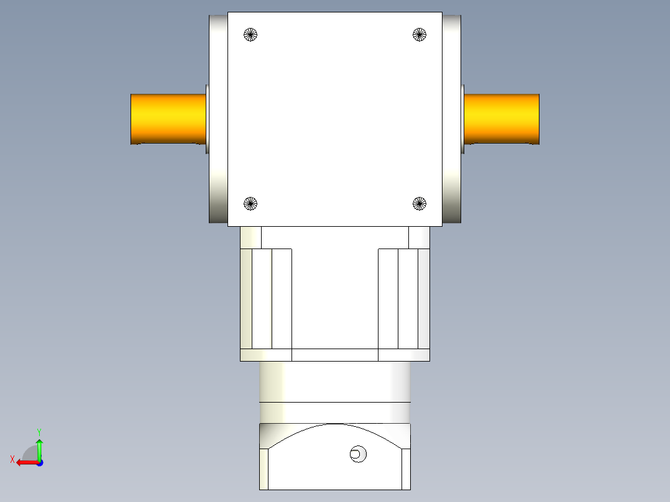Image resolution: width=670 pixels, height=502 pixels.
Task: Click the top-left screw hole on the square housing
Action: point(250,35)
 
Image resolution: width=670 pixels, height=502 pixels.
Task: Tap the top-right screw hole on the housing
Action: point(420,35)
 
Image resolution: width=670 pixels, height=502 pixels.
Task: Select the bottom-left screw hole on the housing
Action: point(250,203)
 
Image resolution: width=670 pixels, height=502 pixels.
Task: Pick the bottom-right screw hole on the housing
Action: point(420,203)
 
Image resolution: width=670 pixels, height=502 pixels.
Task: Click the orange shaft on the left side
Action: point(168,119)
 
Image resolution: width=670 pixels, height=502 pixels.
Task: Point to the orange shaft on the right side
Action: point(502,119)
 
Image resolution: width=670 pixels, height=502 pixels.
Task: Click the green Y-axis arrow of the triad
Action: point(39,447)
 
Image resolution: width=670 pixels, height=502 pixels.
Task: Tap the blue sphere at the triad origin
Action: point(39,462)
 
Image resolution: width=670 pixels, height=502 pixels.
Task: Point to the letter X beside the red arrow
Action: point(12,459)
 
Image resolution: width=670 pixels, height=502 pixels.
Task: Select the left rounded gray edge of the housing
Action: point(218,118)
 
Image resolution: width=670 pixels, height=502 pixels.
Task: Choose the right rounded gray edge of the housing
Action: point(452,118)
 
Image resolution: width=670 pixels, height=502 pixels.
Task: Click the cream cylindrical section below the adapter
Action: point(334,381)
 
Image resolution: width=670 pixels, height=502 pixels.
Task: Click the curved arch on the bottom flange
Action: point(334,429)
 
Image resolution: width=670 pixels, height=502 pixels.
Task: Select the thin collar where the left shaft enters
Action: point(207,119)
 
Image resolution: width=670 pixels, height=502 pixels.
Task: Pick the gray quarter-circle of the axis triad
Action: point(29,452)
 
